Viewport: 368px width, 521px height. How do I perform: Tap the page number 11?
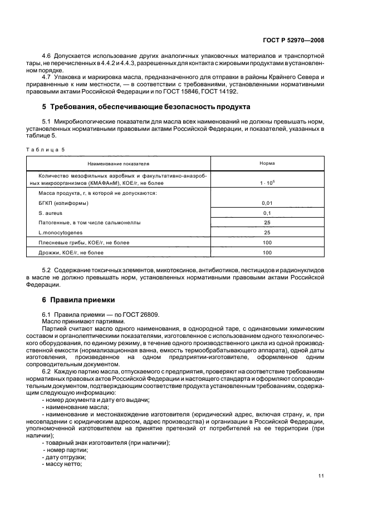click(321, 475)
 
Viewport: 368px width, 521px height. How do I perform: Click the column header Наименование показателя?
click(118, 164)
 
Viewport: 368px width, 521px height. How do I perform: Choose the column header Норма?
click(267, 164)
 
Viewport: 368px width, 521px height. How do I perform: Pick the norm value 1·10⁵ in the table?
click(267, 183)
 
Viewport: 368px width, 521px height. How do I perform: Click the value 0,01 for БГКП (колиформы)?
click(267, 203)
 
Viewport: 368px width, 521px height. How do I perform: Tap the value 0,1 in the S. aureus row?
click(267, 213)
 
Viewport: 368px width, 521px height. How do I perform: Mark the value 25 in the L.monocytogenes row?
click(267, 232)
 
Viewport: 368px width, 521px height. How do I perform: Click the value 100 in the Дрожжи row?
click(267, 253)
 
